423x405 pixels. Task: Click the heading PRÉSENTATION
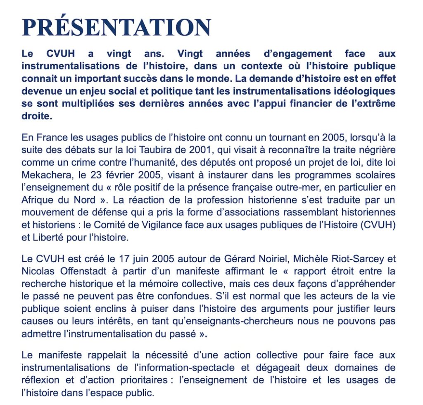click(116, 27)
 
